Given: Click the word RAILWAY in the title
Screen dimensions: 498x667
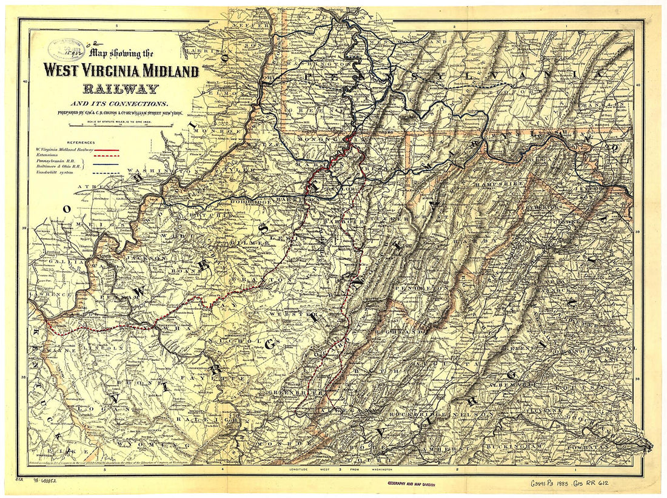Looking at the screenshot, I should (x=121, y=89).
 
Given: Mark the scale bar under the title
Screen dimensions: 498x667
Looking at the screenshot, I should (x=121, y=126).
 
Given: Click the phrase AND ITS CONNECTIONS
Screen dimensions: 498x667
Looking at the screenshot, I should (x=121, y=104).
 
